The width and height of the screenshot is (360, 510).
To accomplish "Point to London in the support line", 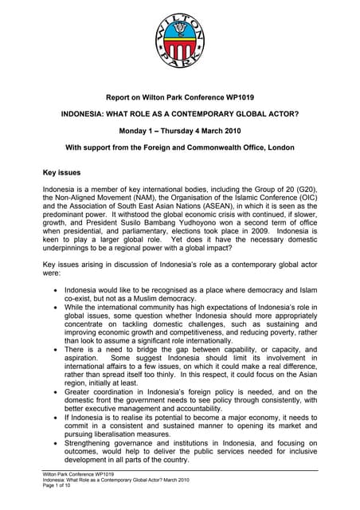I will [273, 147].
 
